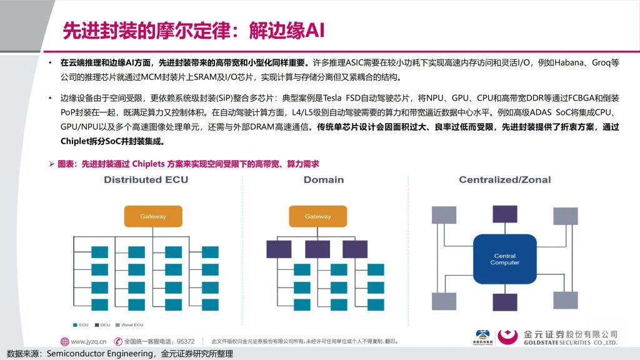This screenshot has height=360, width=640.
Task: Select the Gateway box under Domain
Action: pyautogui.click(x=317, y=216)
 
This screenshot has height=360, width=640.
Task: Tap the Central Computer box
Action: pyautogui.click(x=505, y=259)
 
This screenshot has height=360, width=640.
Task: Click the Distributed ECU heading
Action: pyautogui.click(x=146, y=180)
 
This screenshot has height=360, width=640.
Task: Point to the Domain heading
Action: pyautogui.click(x=323, y=180)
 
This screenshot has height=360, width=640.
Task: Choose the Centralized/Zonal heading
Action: pyautogui.click(x=504, y=180)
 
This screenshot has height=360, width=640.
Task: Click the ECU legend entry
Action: pyautogui.click(x=81, y=324)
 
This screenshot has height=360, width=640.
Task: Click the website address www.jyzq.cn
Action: pyautogui.click(x=88, y=342)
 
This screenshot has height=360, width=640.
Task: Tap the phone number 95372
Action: pyautogui.click(x=186, y=342)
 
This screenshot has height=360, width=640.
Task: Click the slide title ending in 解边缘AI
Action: pyautogui.click(x=194, y=30)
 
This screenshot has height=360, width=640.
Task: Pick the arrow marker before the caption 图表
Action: pyautogui.click(x=52, y=163)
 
